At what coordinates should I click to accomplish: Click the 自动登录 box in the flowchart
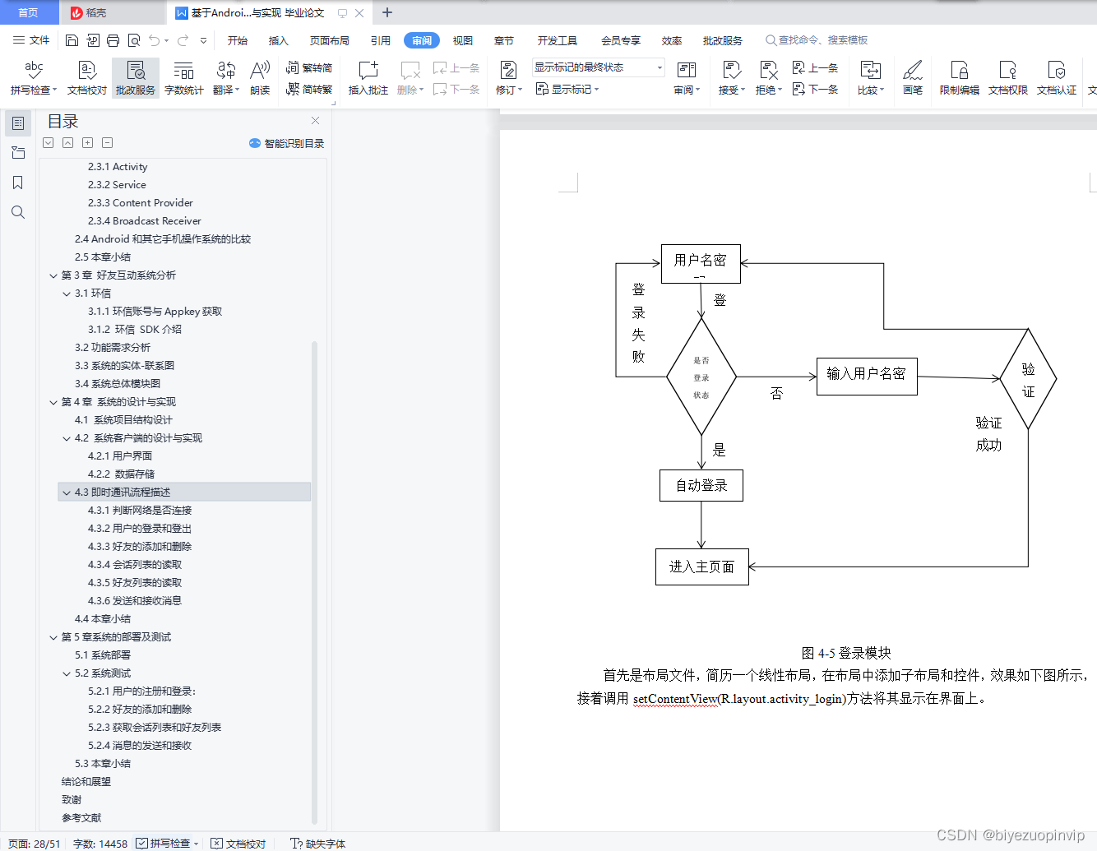[701, 485]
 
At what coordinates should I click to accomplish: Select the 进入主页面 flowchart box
[701, 567]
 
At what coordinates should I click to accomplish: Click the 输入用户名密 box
[866, 376]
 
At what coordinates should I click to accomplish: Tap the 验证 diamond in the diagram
[1028, 379]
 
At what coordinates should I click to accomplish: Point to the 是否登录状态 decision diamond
[701, 377]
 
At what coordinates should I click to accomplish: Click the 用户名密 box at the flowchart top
[701, 262]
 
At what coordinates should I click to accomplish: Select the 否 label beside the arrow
[776, 393]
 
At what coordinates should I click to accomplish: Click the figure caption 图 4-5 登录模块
[846, 653]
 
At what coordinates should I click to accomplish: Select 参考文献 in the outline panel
[81, 817]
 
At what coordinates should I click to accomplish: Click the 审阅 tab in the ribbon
[422, 40]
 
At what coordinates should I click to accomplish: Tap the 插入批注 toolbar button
[368, 78]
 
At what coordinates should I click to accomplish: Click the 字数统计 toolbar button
[183, 78]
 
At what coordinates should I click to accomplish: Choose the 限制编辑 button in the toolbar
[959, 78]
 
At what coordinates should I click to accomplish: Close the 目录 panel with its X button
[315, 121]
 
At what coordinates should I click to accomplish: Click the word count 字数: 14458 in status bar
[100, 844]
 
